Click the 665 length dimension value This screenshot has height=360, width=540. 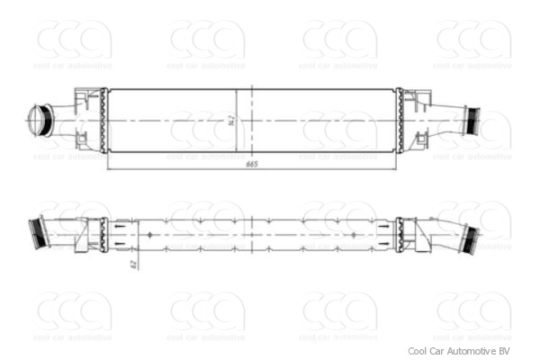pos(251,164)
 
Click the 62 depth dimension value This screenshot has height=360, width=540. pos(132,263)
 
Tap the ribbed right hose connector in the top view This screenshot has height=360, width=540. pos(472,119)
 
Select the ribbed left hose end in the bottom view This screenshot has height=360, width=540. pos(37,232)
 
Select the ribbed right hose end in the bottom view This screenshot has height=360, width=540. pos(469,239)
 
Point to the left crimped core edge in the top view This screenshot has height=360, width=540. pos(103,119)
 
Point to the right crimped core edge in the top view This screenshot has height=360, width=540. pos(398,119)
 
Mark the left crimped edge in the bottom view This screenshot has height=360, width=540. pos(104,236)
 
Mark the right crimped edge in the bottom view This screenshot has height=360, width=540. pos(397,236)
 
